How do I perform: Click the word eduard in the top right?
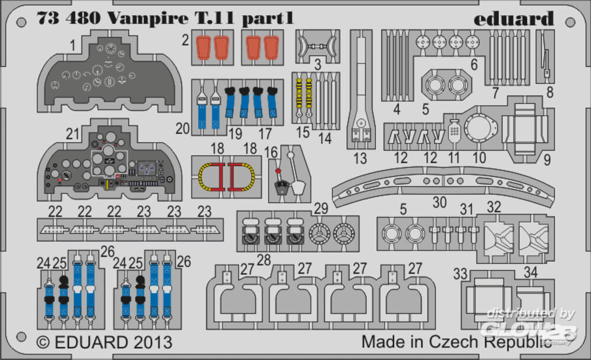point(514,19)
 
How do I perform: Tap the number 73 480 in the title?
point(70,18)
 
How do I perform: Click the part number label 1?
point(72,45)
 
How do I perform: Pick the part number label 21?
point(73,135)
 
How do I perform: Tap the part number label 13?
point(360,158)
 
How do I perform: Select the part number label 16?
point(271,153)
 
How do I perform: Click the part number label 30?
point(439,202)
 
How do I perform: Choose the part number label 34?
point(531,274)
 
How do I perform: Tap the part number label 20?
point(183,128)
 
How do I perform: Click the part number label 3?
point(317,64)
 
